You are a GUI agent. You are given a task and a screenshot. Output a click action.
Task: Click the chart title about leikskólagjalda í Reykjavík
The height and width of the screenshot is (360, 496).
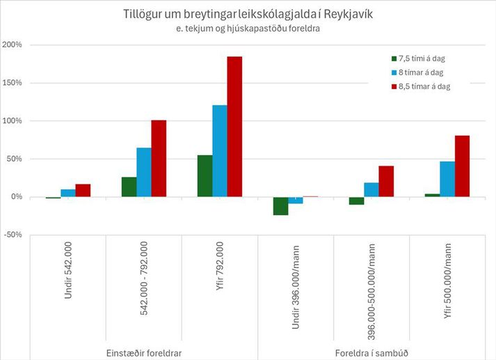pyautogui.click(x=248, y=15)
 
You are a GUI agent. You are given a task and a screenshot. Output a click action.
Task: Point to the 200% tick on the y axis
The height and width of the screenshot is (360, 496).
pyautogui.click(x=13, y=45)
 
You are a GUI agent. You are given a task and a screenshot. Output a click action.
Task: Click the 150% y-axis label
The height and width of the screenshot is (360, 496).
pyautogui.click(x=13, y=83)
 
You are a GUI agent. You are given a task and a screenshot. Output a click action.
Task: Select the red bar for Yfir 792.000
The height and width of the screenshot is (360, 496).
pyautogui.click(x=234, y=127)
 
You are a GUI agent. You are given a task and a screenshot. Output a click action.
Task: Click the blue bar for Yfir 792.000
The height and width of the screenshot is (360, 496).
pyautogui.click(x=219, y=151)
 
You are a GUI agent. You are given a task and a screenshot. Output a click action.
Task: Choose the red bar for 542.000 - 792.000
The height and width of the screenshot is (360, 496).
pyautogui.click(x=159, y=159)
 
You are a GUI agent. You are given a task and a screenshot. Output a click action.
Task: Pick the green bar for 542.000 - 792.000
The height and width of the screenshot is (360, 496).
pyautogui.click(x=129, y=187)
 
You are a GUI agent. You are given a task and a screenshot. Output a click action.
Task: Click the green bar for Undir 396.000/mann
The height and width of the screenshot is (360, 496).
pyautogui.click(x=280, y=206)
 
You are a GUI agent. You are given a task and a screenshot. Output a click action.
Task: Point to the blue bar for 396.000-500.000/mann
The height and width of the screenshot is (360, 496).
pyautogui.click(x=371, y=190)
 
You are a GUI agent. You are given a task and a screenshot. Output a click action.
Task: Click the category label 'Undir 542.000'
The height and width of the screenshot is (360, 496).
pyautogui.click(x=68, y=277)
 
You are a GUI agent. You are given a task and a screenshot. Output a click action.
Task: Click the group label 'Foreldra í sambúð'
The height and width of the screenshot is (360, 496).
pyautogui.click(x=371, y=352)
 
